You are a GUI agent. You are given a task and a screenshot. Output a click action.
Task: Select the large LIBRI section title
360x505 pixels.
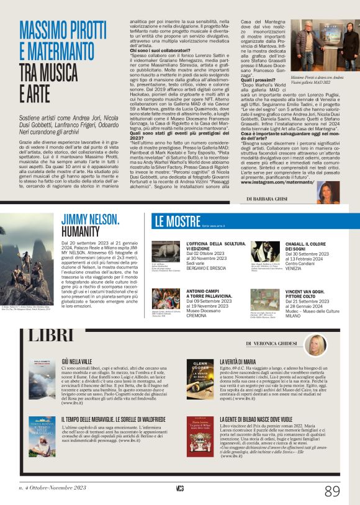click(x=51, y=336)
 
